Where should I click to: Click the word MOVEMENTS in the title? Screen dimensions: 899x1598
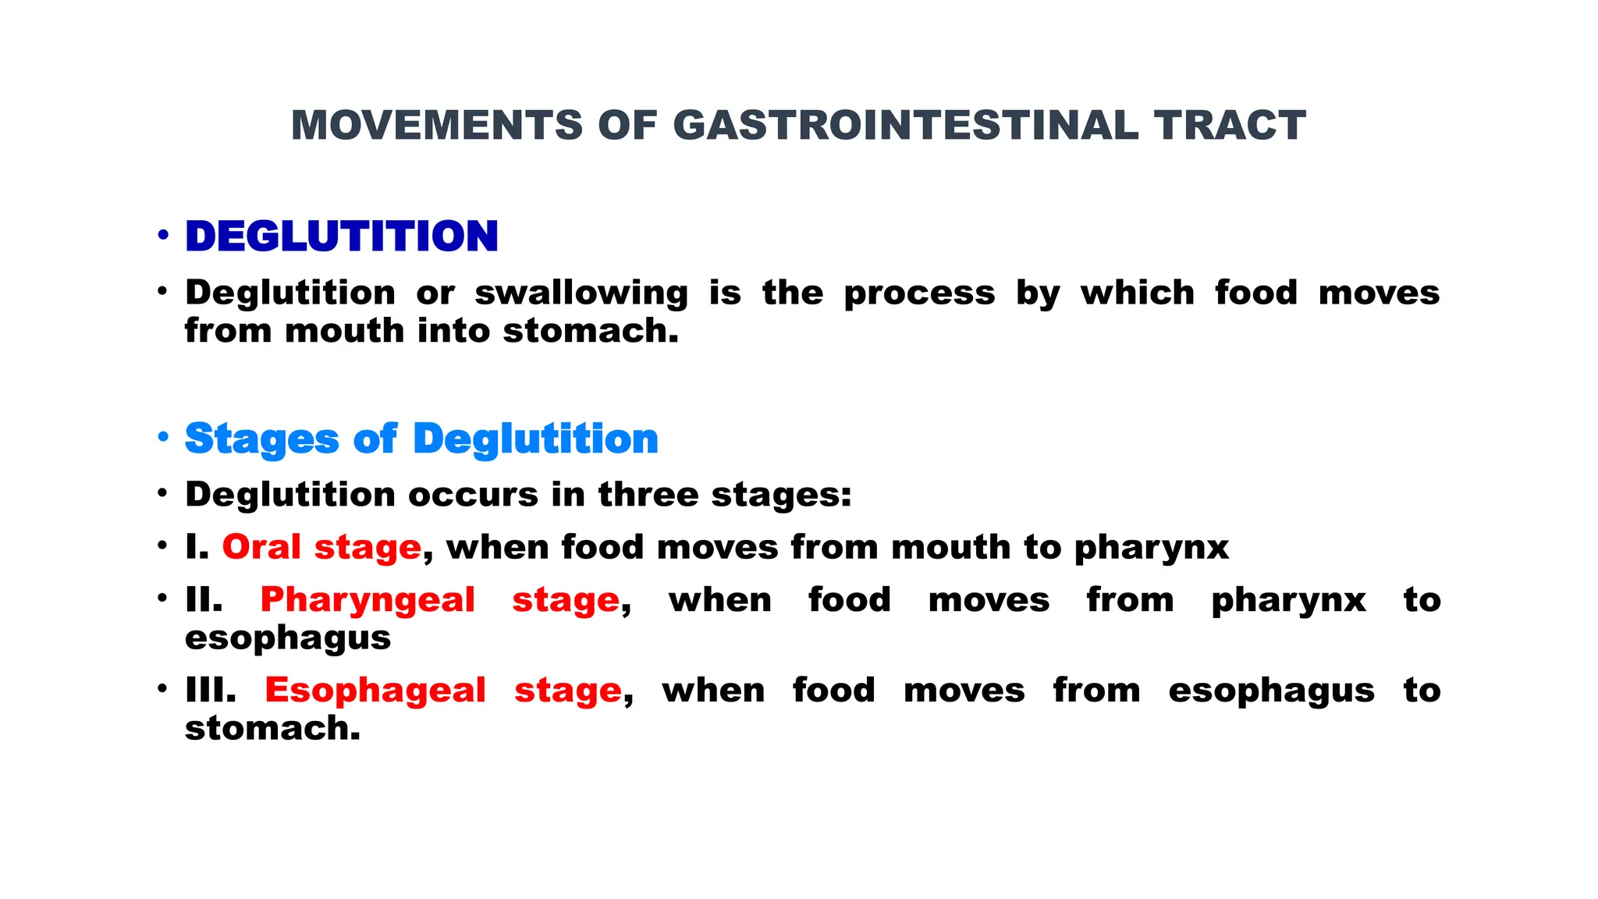[x=436, y=126]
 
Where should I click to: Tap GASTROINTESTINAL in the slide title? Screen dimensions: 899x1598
[x=905, y=126]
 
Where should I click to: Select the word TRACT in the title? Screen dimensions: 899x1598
[x=1230, y=126]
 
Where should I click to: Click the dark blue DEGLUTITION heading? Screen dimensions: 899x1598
[x=342, y=236]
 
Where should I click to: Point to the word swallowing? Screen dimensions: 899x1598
[x=581, y=293]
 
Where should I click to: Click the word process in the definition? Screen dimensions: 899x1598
[x=919, y=293]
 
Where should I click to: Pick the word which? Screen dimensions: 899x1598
[x=1137, y=293]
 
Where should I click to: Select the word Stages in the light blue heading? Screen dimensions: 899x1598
[x=261, y=439]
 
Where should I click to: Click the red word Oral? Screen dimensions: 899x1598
[x=261, y=547]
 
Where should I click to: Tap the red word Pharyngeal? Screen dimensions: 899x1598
[x=368, y=600]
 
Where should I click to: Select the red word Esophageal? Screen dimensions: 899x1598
[x=375, y=691]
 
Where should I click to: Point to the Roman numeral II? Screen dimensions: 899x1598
[x=203, y=600]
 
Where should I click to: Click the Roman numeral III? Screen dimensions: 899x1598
[x=210, y=691]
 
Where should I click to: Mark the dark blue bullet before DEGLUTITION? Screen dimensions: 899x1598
[x=162, y=235]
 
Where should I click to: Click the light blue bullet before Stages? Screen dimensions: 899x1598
[x=162, y=437]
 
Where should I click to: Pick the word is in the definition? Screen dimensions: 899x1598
[x=725, y=293]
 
